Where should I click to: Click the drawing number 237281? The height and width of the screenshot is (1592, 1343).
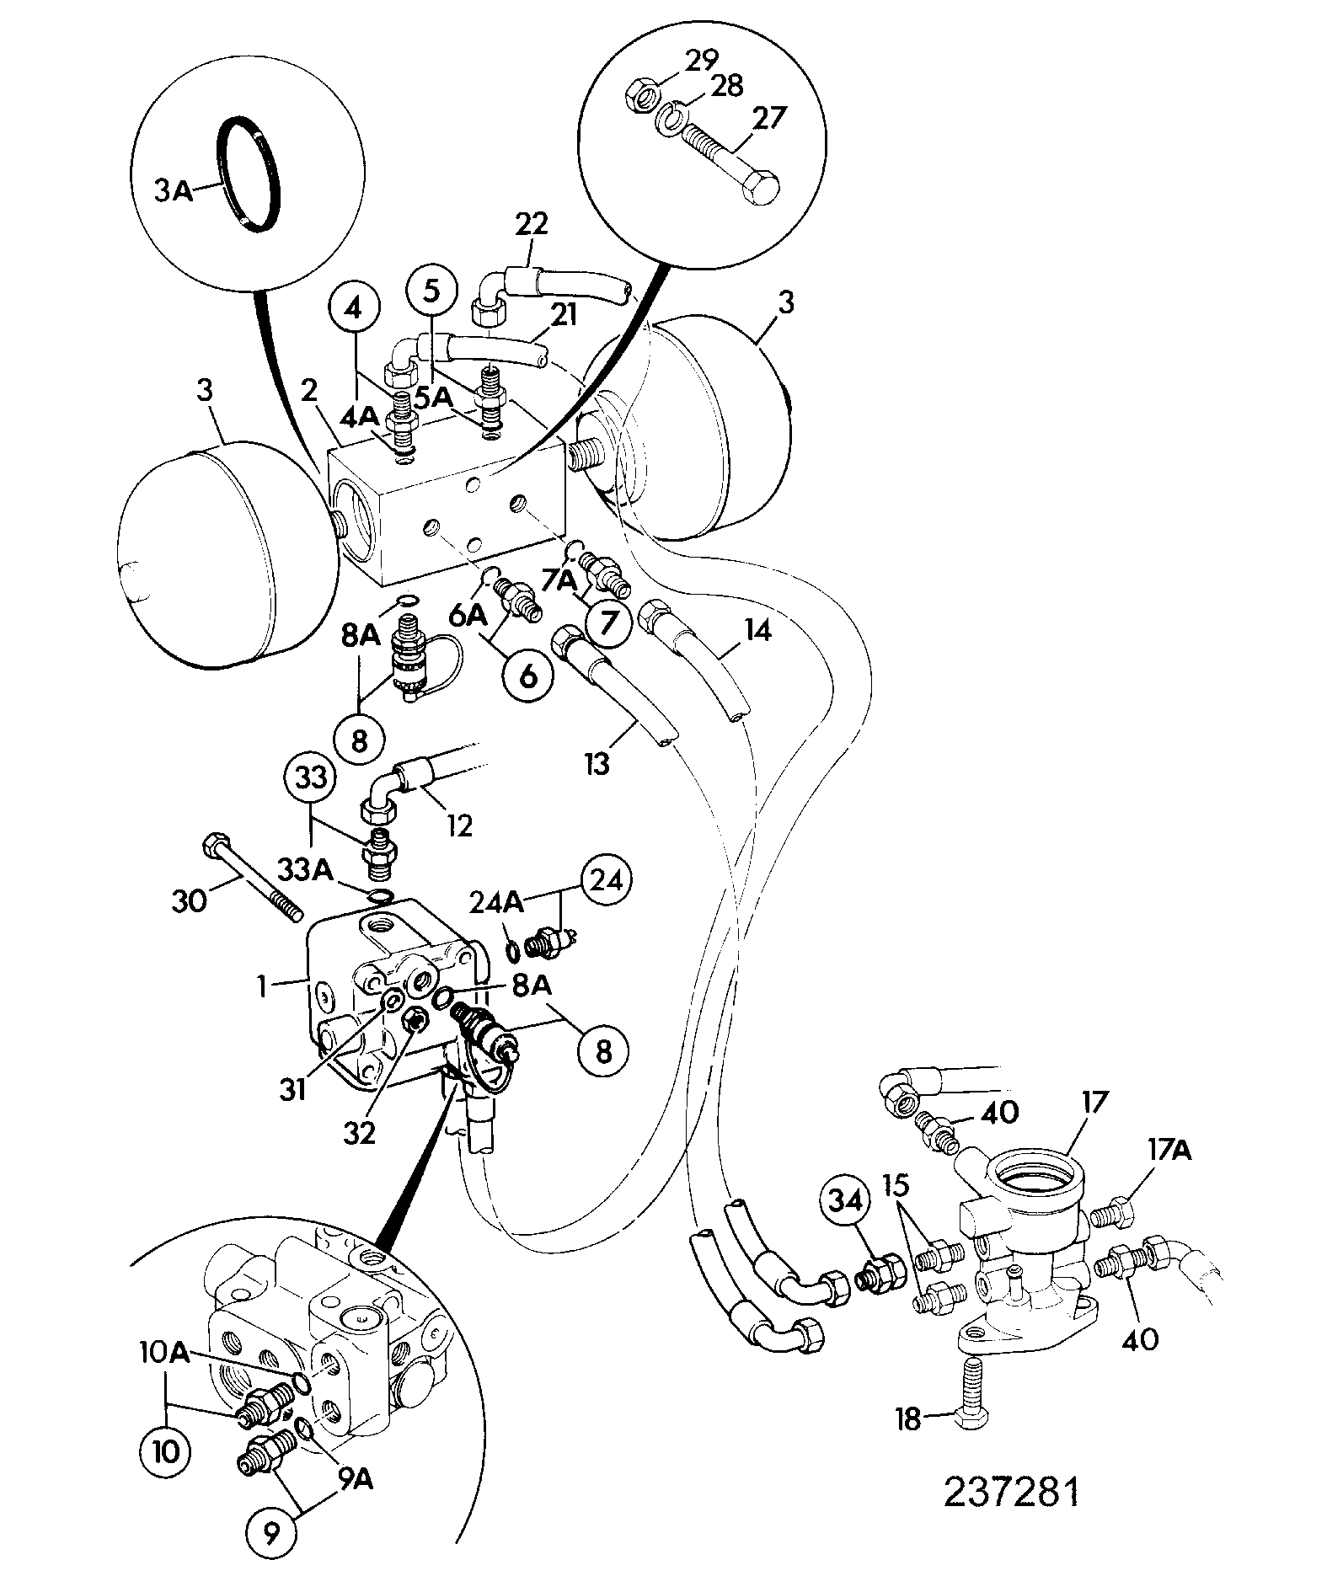pos(1010,1493)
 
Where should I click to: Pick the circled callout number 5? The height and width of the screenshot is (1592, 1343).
pos(431,291)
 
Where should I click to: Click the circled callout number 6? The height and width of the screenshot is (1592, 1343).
pos(528,674)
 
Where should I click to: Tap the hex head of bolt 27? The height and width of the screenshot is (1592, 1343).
pos(761,183)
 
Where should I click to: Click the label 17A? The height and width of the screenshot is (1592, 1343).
pos(1166,1149)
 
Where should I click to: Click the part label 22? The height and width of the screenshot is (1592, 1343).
pos(531,225)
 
